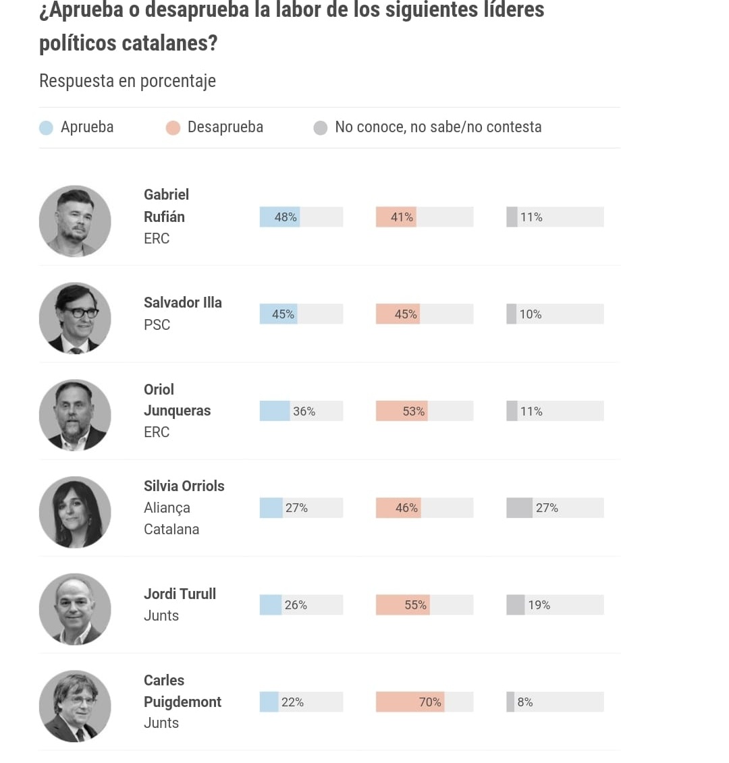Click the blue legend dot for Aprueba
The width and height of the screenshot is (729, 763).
click(x=46, y=128)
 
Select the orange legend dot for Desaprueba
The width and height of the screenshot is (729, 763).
click(x=173, y=128)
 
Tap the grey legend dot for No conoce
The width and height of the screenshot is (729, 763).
click(x=321, y=128)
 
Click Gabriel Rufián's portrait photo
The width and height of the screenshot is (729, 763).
click(x=75, y=221)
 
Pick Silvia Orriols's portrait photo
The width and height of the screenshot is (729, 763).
click(x=75, y=511)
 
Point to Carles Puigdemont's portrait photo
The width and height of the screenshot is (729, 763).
click(x=75, y=706)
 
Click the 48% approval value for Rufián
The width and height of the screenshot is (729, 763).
click(x=286, y=217)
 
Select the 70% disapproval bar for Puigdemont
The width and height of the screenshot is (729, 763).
click(x=410, y=702)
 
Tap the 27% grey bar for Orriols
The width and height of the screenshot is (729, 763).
click(x=519, y=508)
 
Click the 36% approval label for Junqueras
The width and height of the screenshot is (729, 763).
click(x=304, y=412)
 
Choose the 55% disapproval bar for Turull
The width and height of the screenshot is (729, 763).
click(x=402, y=605)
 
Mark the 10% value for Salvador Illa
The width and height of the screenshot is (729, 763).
click(x=531, y=314)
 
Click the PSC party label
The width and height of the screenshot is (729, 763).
click(x=157, y=324)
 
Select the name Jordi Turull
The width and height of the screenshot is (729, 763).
click(x=180, y=594)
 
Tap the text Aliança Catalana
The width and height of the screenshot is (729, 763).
click(x=171, y=518)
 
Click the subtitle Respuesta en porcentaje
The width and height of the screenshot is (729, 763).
click(x=128, y=81)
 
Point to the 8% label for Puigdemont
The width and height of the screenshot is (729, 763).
click(x=525, y=702)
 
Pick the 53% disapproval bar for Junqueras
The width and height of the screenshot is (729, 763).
click(x=402, y=412)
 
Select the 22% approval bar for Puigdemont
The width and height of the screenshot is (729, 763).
click(x=269, y=702)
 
